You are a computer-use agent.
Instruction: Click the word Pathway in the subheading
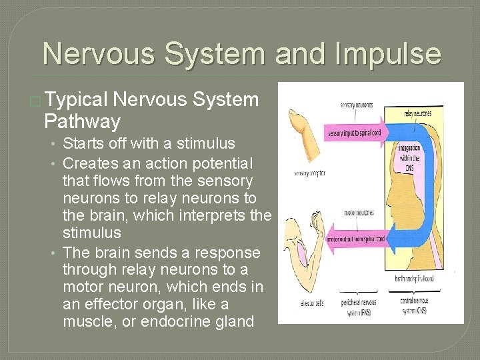pos(82,121)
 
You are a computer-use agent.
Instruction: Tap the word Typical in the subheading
pos(77,100)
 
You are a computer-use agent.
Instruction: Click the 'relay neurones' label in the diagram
pos(417,113)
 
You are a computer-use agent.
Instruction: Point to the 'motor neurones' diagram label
pos(358,213)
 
